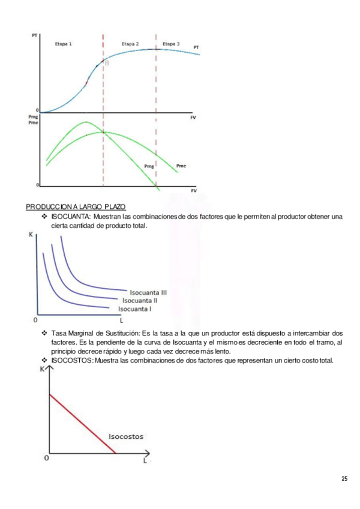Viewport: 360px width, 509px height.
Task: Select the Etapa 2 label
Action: coord(130,44)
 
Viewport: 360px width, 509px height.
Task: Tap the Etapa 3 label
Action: coord(171,44)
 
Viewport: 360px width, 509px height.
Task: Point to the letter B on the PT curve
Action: coord(107,63)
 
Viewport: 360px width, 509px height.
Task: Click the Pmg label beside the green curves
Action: coord(149,165)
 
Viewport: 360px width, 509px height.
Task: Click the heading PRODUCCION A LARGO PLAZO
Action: coord(76,207)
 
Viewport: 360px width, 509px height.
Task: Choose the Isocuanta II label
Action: coord(140,300)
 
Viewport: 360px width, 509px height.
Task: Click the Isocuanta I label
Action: coord(134,309)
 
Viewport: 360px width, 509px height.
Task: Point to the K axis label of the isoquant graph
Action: coord(31,233)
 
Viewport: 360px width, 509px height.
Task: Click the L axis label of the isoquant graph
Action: coord(121,319)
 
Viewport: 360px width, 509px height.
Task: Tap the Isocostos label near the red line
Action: coord(126,436)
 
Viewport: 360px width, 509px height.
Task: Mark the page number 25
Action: coord(344,478)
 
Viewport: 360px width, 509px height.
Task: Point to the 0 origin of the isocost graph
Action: coord(46,459)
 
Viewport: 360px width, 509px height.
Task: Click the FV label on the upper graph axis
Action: coord(193,118)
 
